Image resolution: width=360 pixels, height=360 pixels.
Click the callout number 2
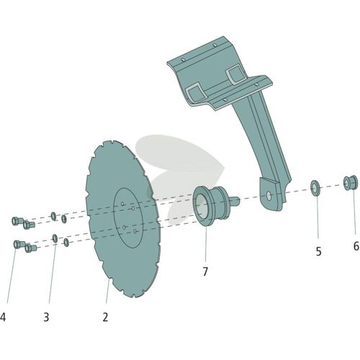(105, 317)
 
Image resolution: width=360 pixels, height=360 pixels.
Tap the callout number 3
(46, 317)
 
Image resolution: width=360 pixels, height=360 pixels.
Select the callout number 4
(3, 317)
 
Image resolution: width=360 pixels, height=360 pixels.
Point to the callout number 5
(318, 251)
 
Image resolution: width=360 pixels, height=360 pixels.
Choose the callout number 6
(356, 246)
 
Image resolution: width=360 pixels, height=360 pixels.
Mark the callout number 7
(205, 271)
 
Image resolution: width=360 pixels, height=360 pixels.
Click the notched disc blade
(122, 218)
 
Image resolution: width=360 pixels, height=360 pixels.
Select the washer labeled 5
(315, 188)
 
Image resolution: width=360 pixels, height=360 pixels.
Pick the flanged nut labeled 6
(351, 183)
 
